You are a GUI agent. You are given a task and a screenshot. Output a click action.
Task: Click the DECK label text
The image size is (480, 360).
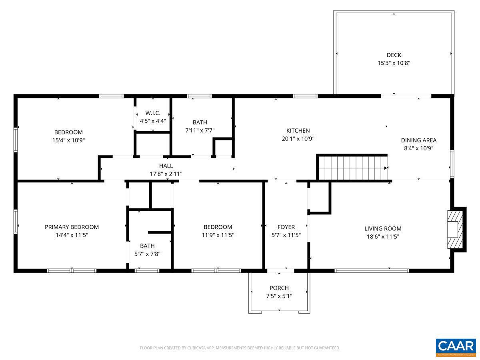[394, 55]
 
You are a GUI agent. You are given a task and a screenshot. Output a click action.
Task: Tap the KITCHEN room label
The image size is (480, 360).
[298, 131]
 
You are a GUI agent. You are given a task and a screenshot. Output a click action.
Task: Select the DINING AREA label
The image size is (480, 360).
[418, 140]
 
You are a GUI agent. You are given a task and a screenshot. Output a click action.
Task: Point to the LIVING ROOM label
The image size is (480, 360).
[383, 229]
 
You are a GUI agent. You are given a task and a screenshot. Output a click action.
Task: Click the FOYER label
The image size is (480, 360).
[286, 227]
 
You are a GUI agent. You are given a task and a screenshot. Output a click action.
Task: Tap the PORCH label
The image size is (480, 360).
[279, 288]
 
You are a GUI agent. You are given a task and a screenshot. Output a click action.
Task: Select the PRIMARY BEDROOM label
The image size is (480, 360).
[72, 227]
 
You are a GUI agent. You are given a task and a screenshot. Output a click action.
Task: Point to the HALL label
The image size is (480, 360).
[166, 166]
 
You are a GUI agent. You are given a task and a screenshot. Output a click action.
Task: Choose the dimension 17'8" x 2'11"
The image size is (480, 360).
[166, 174]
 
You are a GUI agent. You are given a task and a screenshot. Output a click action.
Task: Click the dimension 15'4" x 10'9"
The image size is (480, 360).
[68, 140]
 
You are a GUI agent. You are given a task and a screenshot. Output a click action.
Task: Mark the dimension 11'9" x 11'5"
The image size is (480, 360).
[218, 235]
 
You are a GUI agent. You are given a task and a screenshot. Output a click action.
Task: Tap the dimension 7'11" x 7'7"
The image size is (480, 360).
[200, 130]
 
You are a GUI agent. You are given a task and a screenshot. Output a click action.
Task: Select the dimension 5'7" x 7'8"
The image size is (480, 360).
[147, 254]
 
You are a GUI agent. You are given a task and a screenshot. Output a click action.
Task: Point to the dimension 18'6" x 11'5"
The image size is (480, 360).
[383, 236]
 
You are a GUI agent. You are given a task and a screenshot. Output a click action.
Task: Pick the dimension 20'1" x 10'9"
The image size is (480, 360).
[298, 139]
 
